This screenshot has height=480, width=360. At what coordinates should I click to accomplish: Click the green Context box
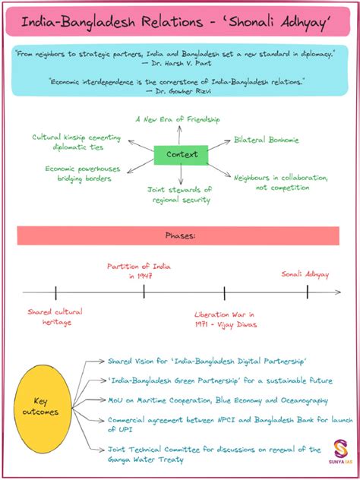[x=181, y=155]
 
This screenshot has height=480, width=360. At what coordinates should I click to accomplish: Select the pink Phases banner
[x=180, y=235]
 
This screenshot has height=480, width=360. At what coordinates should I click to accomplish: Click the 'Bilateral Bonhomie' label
[x=266, y=140]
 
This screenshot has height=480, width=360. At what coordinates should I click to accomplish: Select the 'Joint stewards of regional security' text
[x=179, y=194]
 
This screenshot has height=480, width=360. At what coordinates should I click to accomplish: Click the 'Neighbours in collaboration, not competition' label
[x=280, y=182]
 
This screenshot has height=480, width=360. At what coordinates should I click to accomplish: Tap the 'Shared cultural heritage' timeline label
[x=55, y=317]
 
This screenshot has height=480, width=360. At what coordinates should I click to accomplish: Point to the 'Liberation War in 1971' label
[x=225, y=319]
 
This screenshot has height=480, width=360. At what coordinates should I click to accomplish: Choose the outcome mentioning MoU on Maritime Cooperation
[x=217, y=399]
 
